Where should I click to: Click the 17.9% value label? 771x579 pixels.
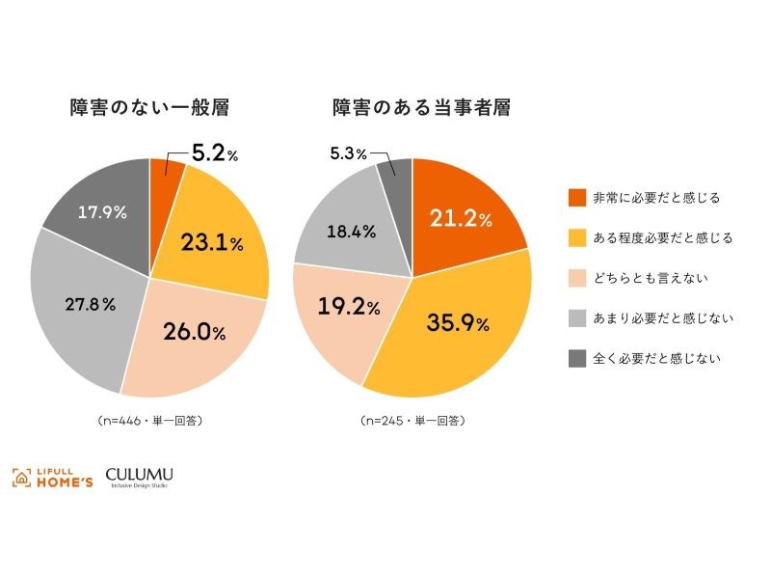coord(101,213)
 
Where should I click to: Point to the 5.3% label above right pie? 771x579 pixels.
coord(349,153)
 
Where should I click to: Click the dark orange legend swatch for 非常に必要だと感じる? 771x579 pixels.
coord(577,198)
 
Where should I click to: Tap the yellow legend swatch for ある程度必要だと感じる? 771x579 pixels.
coord(577,237)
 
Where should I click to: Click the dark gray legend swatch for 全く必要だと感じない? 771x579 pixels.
coord(577,358)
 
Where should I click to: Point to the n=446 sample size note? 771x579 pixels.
coord(149,421)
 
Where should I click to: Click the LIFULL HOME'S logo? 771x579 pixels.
coord(53,477)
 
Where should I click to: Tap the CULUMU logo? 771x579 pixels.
coord(140,476)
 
